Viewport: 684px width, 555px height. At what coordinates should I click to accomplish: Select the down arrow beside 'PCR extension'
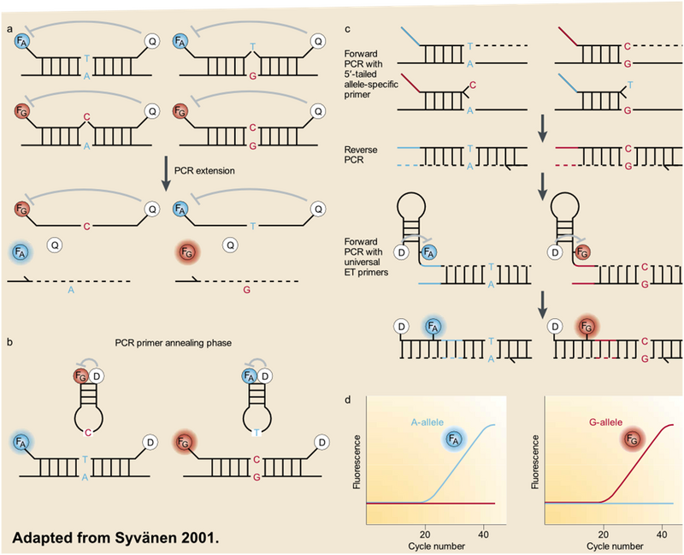166,169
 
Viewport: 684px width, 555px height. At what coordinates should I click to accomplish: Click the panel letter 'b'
9,343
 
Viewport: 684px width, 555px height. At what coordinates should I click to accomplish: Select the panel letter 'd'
347,398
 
